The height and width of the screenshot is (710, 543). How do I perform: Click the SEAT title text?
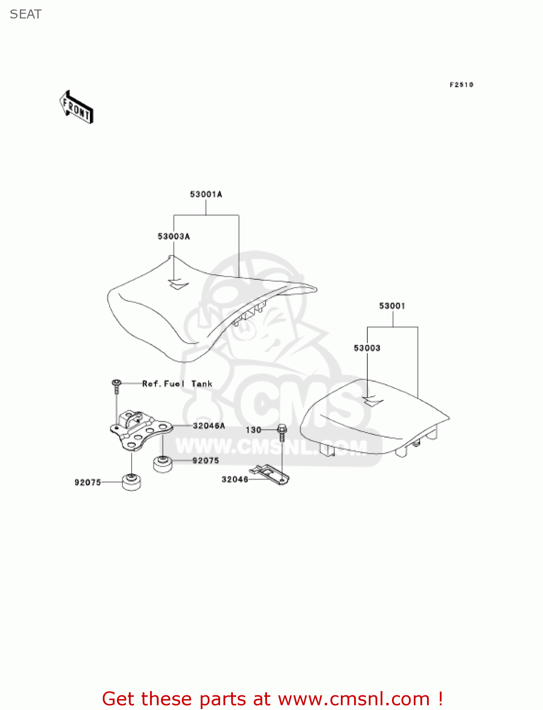(26, 15)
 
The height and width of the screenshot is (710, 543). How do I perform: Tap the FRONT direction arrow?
(76, 107)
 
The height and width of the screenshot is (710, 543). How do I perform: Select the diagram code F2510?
(461, 85)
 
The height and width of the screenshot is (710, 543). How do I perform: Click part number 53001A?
(206, 194)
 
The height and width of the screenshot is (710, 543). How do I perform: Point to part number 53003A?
(174, 236)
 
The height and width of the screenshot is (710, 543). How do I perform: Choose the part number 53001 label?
(392, 306)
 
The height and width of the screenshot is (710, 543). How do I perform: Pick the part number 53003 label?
(367, 348)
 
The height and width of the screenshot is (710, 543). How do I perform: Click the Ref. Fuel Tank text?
(177, 384)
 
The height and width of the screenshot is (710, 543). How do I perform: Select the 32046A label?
(209, 426)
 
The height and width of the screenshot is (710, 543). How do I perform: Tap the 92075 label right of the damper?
(205, 461)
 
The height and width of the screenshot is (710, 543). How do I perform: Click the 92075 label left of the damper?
(88, 482)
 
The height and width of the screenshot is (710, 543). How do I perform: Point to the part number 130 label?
(253, 430)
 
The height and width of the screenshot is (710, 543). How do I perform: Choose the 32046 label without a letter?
(235, 479)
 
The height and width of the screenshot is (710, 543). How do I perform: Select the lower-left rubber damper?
(132, 482)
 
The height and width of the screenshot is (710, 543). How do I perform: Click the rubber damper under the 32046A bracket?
(162, 463)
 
